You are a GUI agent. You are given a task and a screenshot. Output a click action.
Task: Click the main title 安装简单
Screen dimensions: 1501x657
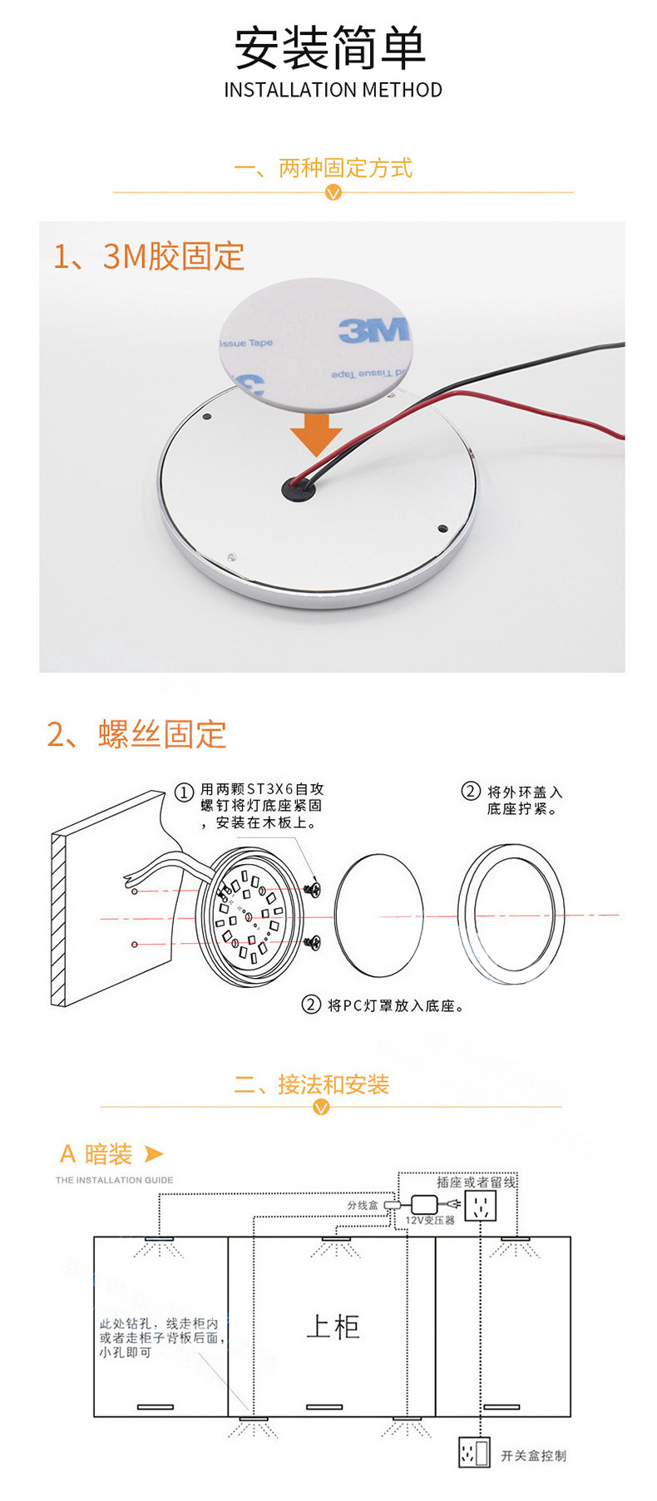click(x=330, y=48)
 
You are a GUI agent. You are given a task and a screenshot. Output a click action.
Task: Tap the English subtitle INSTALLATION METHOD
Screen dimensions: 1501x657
click(x=333, y=90)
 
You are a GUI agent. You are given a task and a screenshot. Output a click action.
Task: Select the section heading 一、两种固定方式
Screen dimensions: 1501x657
click(x=324, y=168)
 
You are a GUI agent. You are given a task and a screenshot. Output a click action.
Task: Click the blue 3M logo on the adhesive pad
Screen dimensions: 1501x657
click(x=374, y=330)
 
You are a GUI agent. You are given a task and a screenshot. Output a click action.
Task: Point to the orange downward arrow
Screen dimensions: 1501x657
click(x=316, y=432)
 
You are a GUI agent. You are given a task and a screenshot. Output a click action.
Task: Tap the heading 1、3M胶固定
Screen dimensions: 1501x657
click(x=149, y=256)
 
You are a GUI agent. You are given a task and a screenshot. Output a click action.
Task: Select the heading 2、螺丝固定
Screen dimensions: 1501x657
click(x=136, y=734)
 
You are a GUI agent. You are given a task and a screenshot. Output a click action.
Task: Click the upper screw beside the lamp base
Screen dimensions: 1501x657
click(x=314, y=888)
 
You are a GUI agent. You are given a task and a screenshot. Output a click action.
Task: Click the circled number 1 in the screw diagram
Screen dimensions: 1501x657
click(x=184, y=792)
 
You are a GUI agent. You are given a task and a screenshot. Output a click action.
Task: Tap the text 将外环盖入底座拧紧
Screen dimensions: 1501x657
click(x=524, y=800)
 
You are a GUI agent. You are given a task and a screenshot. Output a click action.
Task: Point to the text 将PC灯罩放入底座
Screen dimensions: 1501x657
click(x=395, y=1005)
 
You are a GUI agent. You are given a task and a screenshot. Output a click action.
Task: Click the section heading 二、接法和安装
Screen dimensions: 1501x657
click(x=312, y=1084)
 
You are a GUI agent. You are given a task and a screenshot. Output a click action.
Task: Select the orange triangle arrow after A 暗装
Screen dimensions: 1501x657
click(x=154, y=1153)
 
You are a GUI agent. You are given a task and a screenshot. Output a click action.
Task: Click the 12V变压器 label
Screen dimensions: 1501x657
click(x=430, y=1220)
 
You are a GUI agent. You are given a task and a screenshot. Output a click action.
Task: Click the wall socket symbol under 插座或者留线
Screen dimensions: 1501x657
click(x=480, y=1206)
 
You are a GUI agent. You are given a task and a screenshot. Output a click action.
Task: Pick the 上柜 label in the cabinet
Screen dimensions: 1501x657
click(x=333, y=1326)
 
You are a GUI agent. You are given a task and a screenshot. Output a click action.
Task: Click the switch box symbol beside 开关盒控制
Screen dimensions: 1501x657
click(x=474, y=1453)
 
